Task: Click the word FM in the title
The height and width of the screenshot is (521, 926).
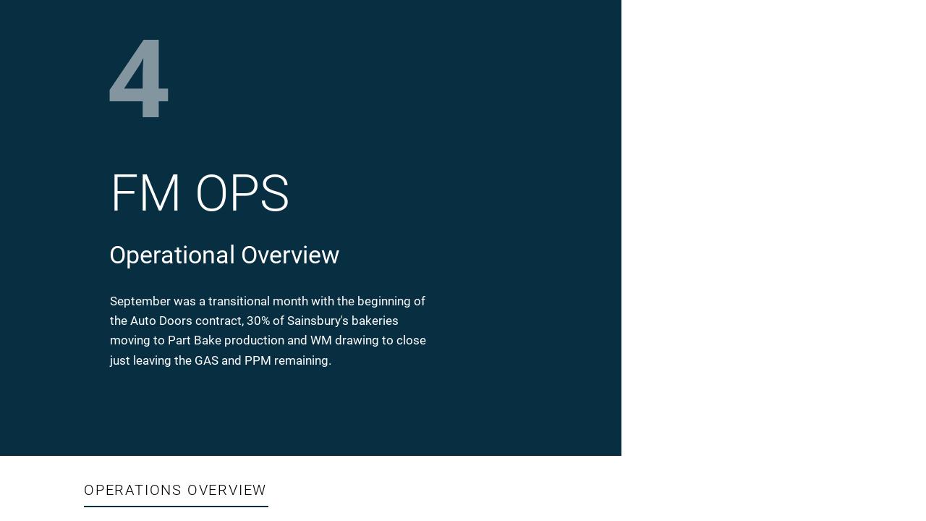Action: coord(145,194)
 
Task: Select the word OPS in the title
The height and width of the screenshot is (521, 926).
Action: coord(242,194)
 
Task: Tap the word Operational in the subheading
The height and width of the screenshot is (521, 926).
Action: coord(172,255)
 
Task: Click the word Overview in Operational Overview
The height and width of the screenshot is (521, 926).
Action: coord(290,255)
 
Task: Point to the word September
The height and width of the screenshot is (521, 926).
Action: coord(140,302)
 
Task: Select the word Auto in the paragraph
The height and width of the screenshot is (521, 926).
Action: coord(143,321)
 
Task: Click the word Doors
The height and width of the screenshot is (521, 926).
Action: coord(176,321)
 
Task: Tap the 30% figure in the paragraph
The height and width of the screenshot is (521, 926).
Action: coord(258,321)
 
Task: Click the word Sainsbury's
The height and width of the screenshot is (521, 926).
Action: coord(318,321)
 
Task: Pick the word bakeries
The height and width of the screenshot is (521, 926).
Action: coord(375,321)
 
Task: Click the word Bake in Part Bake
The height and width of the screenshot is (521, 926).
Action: coord(208,340)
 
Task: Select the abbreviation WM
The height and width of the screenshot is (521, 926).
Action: coord(320,340)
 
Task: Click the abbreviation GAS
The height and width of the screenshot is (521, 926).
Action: coord(206,360)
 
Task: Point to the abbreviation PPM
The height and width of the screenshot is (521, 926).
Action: coord(258,360)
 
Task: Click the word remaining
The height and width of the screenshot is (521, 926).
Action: coord(302,360)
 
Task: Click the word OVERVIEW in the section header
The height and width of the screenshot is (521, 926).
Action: coord(226,491)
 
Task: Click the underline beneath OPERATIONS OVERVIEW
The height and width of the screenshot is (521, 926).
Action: coord(176,507)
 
